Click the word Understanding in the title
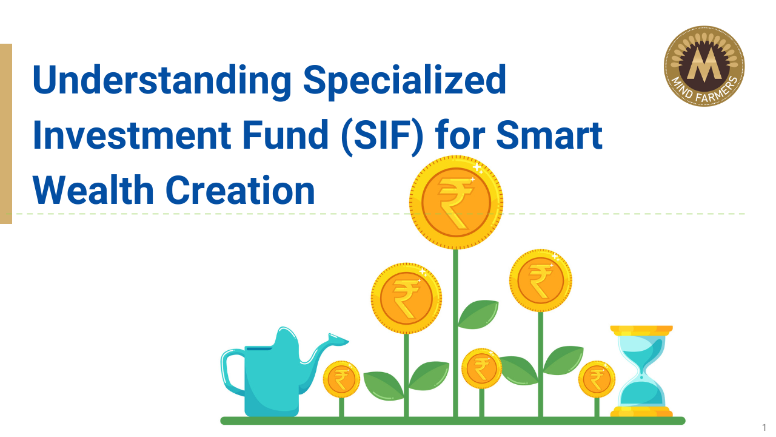coord(162,81)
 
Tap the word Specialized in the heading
coord(405,81)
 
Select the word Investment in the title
coord(132,135)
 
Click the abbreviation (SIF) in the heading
coord(383,137)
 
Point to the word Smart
coord(549,135)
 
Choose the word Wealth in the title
coord(93,190)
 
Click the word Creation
coord(241,190)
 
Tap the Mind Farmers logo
coord(704,66)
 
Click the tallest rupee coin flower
coord(457,202)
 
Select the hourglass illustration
coord(641,371)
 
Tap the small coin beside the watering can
coord(341,379)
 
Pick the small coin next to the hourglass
coord(597,379)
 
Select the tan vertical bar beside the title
coord(6,134)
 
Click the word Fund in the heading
coord(286,135)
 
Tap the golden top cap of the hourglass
coord(641,330)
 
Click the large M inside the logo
coord(704,64)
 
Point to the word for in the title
coord(460,135)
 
